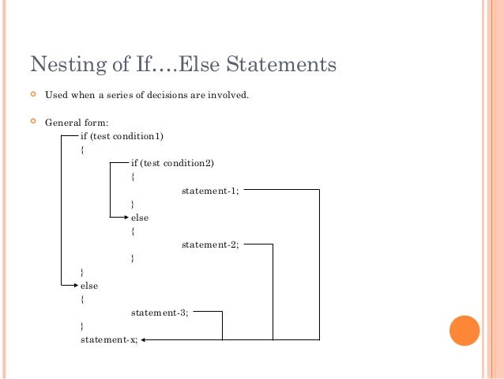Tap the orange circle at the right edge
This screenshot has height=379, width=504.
click(x=464, y=331)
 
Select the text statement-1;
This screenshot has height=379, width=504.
click(x=210, y=191)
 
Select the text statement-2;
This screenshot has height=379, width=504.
click(x=210, y=244)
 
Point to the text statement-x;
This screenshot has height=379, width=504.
click(x=109, y=339)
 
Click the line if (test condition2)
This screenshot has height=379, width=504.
click(x=172, y=163)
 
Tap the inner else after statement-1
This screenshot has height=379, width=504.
click(x=139, y=218)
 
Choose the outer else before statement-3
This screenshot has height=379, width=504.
click(x=89, y=286)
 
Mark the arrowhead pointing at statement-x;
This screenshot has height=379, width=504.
click(x=145, y=339)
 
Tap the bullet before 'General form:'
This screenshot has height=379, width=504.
click(x=33, y=122)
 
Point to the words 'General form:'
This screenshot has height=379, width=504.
click(x=77, y=123)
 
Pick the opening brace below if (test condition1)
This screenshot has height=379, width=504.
click(x=82, y=150)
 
